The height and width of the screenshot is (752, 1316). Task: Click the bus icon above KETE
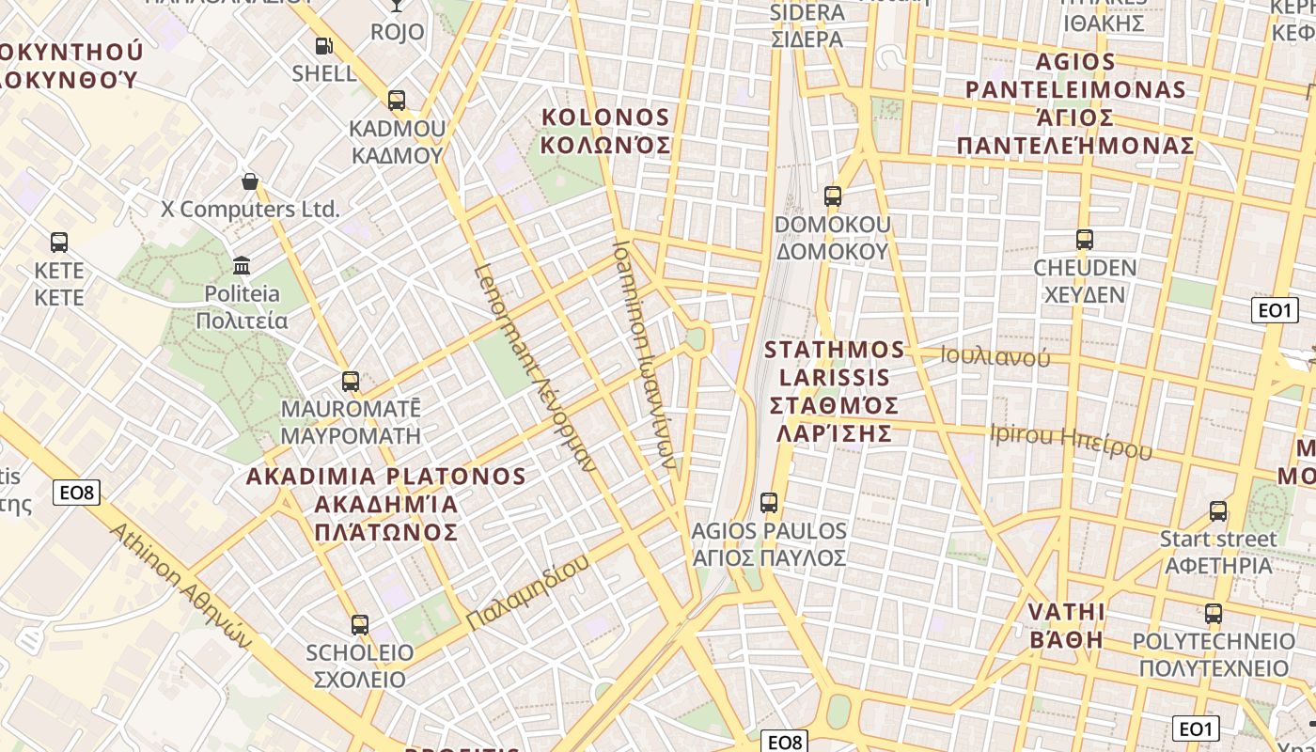59,243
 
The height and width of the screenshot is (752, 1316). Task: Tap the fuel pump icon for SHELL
323,45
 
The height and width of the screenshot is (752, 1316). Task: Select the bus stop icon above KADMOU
397,101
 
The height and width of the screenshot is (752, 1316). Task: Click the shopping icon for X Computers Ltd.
250,180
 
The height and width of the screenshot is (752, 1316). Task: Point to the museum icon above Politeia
242,265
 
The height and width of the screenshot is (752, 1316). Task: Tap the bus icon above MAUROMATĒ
351,382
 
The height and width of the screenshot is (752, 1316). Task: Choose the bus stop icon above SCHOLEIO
359,624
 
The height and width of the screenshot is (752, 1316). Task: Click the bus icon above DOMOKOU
833,196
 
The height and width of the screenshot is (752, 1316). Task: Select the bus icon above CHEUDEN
1085,240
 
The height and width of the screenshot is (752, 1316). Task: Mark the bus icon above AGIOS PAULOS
769,503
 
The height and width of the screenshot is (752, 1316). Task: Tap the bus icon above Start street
1218,511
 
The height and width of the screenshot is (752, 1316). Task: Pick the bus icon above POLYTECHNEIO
1214,615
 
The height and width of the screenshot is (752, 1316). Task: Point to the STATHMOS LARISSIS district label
835,391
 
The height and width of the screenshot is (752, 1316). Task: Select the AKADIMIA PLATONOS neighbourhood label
385,504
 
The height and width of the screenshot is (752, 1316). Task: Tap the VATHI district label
1066,626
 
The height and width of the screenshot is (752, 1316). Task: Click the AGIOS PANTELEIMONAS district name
1075,104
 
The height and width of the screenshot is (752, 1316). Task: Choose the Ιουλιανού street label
995,356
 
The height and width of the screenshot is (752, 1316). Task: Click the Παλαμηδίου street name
528,592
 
